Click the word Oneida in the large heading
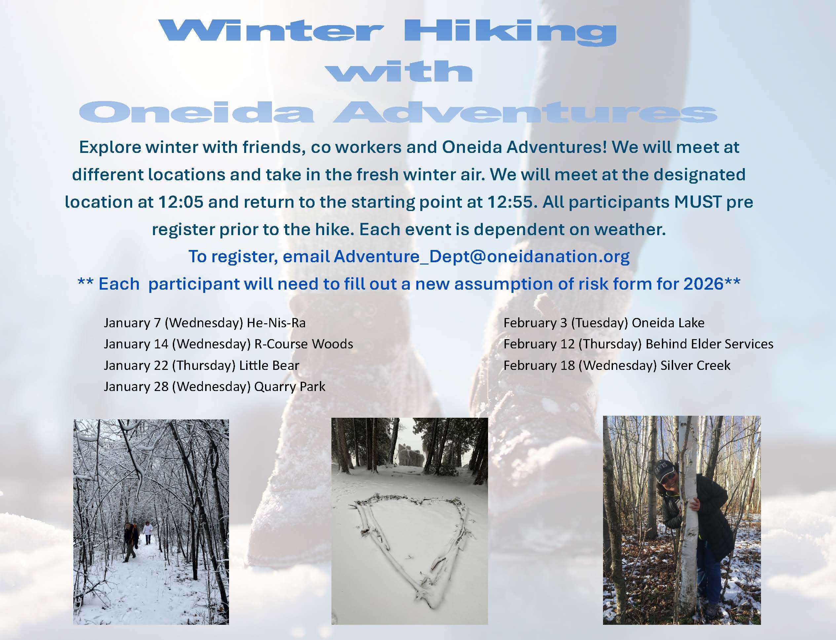[x=197, y=112]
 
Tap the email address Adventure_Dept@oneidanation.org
[x=482, y=256]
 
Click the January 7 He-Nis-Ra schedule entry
[x=205, y=323]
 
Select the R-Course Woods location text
[x=304, y=344]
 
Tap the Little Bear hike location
[x=269, y=365]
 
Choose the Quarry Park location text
[x=290, y=387]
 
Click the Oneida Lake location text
[x=668, y=323]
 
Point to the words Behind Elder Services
[x=709, y=344]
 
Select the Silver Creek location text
[x=695, y=365]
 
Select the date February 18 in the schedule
[x=539, y=365]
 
